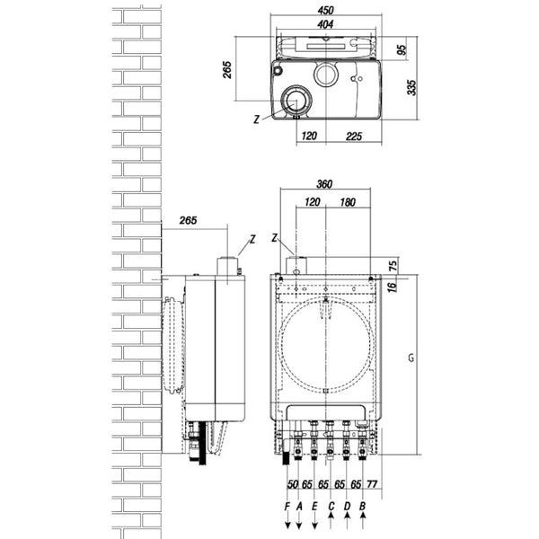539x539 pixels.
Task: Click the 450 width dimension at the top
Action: click(x=325, y=12)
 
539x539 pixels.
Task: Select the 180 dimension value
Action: click(x=348, y=203)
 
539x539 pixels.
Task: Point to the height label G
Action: click(x=409, y=358)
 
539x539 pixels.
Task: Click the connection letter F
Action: click(x=287, y=507)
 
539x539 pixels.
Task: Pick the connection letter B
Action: click(x=362, y=507)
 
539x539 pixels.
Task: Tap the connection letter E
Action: click(x=314, y=507)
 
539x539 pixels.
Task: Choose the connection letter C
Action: click(x=331, y=507)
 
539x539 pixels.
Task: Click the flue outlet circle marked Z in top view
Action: click(x=295, y=102)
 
